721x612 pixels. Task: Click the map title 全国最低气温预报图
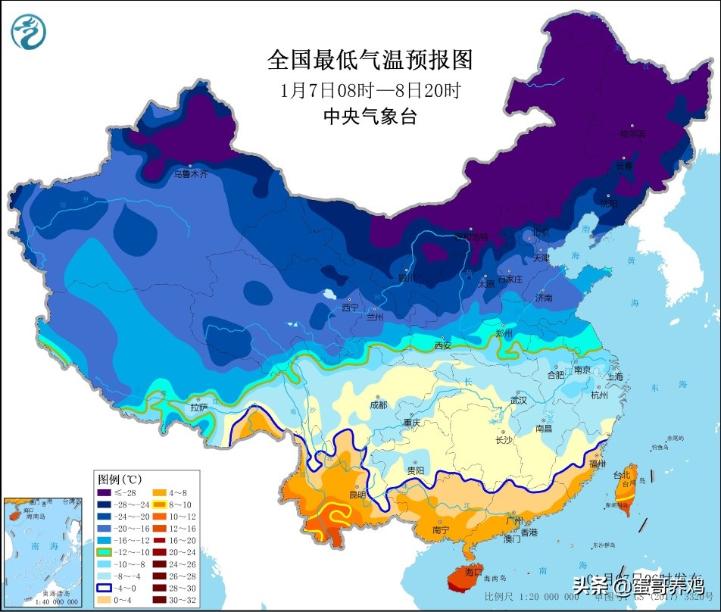pos(370,60)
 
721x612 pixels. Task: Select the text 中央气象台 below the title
pos(370,116)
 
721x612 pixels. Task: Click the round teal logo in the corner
pos(29,32)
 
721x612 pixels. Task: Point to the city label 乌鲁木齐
pos(190,174)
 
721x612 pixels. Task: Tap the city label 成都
pos(378,404)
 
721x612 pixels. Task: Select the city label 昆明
pos(357,495)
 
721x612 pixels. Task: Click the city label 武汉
pos(518,400)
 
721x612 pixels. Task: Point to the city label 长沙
pos(504,440)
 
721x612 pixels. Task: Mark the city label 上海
pos(614,376)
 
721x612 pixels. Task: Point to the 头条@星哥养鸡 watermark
pos(637,585)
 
